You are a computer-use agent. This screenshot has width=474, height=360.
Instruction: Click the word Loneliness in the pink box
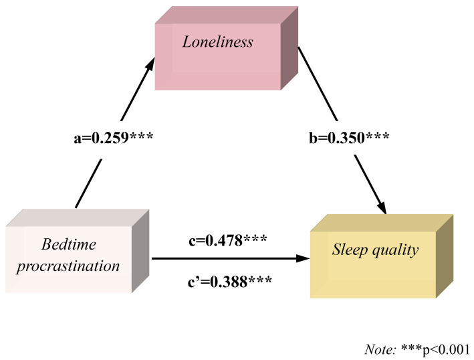pos(218,42)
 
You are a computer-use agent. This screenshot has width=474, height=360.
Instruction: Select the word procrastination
pos(68,266)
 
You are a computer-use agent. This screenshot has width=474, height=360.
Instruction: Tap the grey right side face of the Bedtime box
pos(140,251)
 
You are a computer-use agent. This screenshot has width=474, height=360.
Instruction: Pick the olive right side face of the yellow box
pos(444,256)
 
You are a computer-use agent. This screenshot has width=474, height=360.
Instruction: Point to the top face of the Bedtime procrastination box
pos(77,217)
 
